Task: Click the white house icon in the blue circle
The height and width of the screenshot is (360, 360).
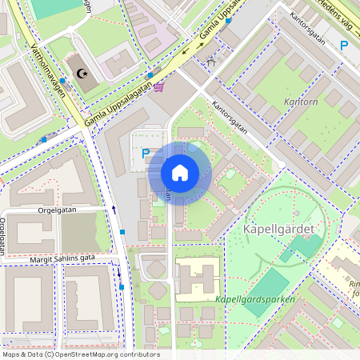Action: pos(180,173)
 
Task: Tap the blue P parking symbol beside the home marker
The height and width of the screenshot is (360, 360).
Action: pos(146,154)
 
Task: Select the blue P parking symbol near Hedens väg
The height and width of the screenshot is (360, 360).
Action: pos(344,46)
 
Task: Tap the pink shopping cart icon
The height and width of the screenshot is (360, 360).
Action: pos(159,86)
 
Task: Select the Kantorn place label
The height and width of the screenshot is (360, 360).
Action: pos(301,102)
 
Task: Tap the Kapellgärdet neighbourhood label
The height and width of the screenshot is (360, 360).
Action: pos(274,230)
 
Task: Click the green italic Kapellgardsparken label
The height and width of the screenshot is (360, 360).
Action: pos(255,299)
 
